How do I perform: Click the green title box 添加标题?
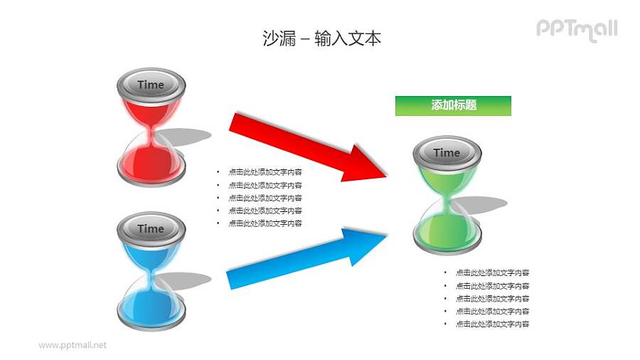pyautogui.click(x=453, y=105)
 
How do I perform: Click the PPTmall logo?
pyautogui.click(x=576, y=29)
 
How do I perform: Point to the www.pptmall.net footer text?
pyautogui.click(x=73, y=345)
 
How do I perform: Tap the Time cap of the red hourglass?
pyautogui.click(x=151, y=85)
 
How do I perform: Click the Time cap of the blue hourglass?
pyautogui.click(x=151, y=228)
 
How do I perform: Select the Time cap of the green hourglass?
pyautogui.click(x=447, y=153)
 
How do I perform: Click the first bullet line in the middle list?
pyautogui.click(x=265, y=172)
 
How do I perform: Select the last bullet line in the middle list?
pyautogui.click(x=265, y=223)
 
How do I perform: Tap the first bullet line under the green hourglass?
pyautogui.click(x=491, y=273)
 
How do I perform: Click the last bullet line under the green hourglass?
pyautogui.click(x=491, y=324)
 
